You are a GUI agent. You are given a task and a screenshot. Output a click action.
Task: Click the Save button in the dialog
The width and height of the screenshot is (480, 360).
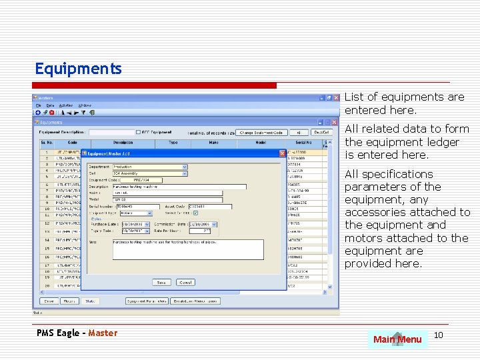point(161,282)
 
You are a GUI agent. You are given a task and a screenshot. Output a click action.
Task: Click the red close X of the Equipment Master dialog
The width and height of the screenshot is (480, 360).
point(282,153)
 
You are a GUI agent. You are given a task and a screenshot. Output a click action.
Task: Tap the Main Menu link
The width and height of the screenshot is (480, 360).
point(397,339)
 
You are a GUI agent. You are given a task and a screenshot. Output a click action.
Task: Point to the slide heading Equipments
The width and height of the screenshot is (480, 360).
point(78,69)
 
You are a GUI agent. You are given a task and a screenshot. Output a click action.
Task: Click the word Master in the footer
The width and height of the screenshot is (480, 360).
point(103,333)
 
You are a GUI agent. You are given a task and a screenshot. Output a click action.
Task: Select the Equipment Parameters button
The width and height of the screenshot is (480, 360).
point(147,301)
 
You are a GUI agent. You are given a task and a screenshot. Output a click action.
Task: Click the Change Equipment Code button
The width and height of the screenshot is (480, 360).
point(261,133)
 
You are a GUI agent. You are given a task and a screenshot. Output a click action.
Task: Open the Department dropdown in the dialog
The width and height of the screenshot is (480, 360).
point(185,167)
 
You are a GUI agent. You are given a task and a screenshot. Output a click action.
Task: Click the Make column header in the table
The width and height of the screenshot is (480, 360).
point(212,143)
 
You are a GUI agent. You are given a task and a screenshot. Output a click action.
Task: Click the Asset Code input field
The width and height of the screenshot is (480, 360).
point(209,207)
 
